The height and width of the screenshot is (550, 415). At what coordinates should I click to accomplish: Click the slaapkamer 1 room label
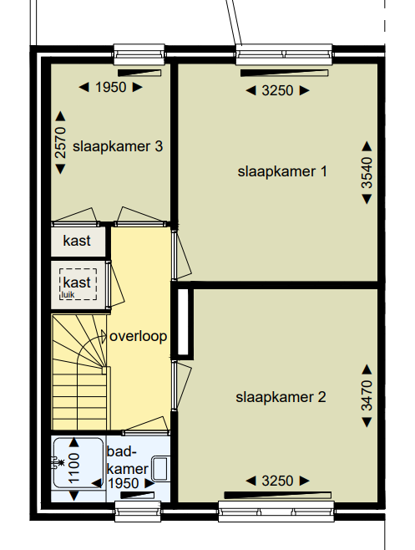click(282, 172)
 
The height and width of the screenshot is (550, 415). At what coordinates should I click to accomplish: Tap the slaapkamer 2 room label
click(281, 397)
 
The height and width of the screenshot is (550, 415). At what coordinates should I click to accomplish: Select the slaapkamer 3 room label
click(118, 146)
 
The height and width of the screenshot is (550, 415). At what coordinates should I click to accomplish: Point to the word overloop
click(139, 336)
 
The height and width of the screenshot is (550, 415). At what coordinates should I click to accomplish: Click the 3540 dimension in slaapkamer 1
click(367, 172)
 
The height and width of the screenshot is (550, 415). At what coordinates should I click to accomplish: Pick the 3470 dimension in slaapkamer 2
click(367, 395)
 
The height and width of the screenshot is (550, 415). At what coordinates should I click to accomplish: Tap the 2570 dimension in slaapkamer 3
click(60, 143)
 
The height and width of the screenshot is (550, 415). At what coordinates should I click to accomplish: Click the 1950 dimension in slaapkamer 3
click(111, 87)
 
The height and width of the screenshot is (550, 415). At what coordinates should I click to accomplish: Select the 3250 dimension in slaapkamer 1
click(277, 91)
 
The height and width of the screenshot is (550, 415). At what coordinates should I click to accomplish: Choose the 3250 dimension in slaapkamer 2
click(277, 481)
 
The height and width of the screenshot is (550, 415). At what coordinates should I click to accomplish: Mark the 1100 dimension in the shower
click(74, 468)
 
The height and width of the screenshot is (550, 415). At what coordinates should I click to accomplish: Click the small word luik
click(68, 294)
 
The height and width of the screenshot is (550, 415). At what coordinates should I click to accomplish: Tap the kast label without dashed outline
click(77, 241)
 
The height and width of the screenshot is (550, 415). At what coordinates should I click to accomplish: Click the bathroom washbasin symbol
click(161, 468)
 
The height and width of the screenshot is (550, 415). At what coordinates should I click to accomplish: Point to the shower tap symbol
click(58, 463)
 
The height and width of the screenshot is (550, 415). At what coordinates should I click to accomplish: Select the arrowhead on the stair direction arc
click(104, 337)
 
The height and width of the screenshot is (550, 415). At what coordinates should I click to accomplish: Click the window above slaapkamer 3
click(139, 54)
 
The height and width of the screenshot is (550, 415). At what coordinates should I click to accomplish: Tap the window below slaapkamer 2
click(276, 512)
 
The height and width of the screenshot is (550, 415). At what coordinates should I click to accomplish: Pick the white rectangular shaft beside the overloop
click(184, 322)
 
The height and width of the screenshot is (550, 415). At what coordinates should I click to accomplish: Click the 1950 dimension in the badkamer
click(124, 484)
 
